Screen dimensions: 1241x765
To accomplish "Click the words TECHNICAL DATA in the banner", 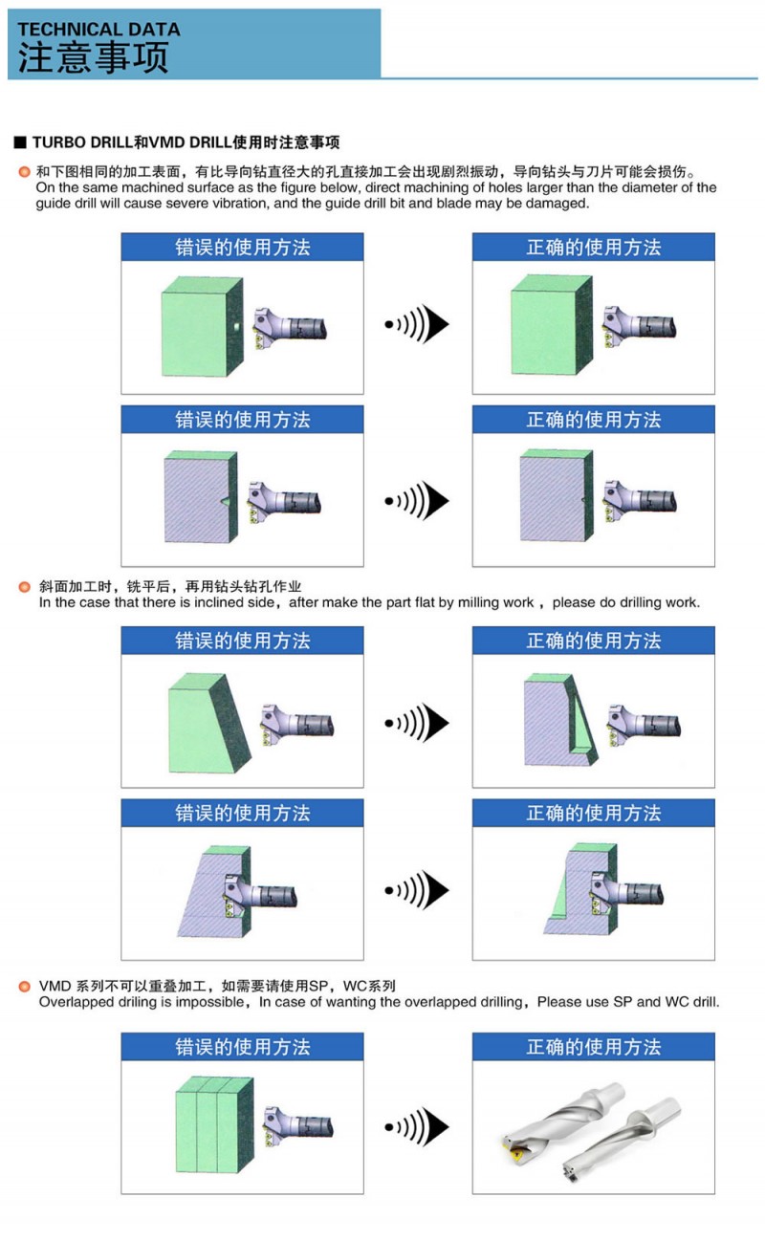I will click(98, 29).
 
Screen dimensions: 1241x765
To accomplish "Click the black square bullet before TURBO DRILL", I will click(19, 143).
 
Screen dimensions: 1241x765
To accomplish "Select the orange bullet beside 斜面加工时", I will click(25, 585).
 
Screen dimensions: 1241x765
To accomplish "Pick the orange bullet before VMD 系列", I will click(25, 986).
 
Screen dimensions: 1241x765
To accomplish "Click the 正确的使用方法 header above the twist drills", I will click(593, 1047).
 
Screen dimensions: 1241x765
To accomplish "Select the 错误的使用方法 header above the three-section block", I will click(242, 1047).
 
